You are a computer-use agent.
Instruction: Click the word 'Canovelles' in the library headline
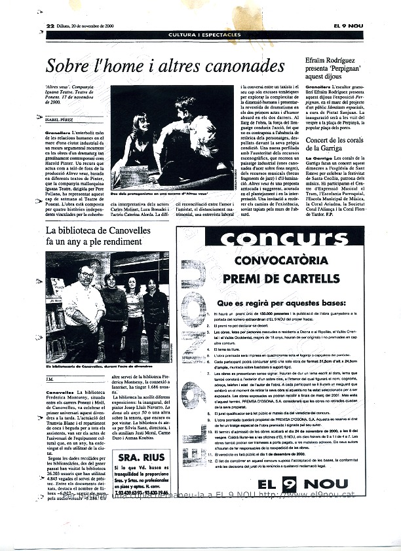[128, 230]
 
